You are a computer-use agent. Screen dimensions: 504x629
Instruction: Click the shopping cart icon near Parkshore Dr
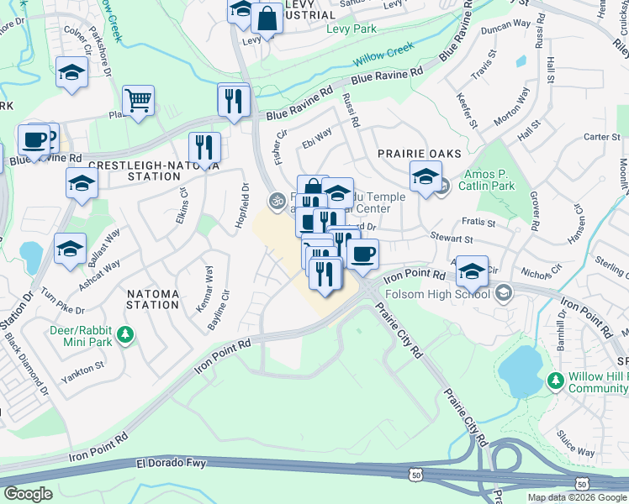click(138, 101)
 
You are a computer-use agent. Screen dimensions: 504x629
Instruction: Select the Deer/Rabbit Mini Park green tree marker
click(125, 336)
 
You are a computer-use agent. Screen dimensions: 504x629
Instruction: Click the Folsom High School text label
click(437, 294)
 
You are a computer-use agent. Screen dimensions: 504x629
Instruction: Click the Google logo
click(28, 494)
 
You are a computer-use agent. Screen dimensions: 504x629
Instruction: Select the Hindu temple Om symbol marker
click(275, 200)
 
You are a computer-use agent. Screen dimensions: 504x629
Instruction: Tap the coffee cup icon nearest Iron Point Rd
click(362, 254)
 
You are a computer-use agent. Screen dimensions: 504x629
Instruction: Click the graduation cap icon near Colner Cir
click(71, 73)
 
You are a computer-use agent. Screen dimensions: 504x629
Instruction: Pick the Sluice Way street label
click(574, 453)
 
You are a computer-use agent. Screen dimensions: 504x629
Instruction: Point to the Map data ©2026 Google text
click(576, 497)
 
